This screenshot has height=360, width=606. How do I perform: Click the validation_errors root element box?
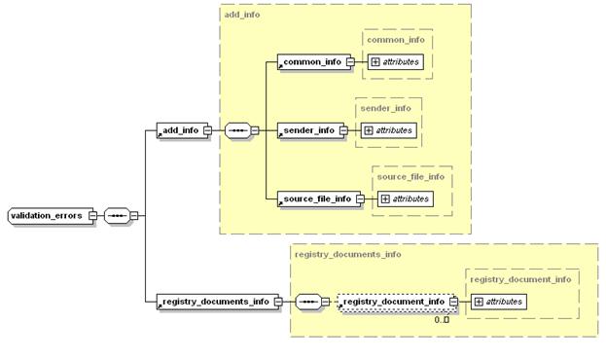click(x=51, y=215)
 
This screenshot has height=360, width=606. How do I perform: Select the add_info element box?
click(x=182, y=130)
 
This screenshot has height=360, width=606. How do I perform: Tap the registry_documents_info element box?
click(x=217, y=302)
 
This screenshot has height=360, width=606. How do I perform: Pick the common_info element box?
click(x=314, y=62)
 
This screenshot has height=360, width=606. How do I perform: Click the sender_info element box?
click(x=310, y=130)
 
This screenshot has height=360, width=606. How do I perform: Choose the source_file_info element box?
click(x=319, y=198)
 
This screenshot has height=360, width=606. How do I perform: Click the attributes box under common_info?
click(x=395, y=62)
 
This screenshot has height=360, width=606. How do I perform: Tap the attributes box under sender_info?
click(x=389, y=130)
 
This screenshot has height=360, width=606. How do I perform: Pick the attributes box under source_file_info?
click(x=406, y=198)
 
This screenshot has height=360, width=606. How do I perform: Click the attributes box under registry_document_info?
click(x=499, y=302)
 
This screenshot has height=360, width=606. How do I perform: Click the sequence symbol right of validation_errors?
click(x=118, y=215)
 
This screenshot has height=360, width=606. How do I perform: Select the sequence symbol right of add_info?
click(x=238, y=130)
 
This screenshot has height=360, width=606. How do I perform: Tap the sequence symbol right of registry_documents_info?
click(x=308, y=302)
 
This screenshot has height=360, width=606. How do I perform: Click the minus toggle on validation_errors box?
click(x=92, y=215)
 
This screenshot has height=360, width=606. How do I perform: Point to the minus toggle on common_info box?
click(x=350, y=62)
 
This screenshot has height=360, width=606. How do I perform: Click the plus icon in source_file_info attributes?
click(x=385, y=198)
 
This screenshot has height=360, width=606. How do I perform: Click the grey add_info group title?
click(x=242, y=15)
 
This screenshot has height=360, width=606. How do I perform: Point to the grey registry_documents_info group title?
click(x=348, y=255)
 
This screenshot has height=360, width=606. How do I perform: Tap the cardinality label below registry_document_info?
click(x=442, y=320)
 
